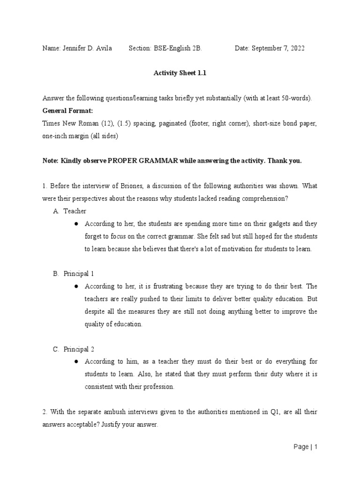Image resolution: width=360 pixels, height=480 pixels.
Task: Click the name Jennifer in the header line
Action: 74,49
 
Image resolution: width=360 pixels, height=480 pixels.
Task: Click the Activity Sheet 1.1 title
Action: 180,73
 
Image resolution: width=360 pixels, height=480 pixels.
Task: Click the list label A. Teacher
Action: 70,211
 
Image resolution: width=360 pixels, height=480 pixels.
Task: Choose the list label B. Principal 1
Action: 74,273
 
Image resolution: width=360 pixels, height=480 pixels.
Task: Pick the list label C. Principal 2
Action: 74,349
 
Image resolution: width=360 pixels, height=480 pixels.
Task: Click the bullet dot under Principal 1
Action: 76,286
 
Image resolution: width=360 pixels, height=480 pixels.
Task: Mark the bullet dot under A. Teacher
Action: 76,224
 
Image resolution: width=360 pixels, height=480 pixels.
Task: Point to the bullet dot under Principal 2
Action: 76,362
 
